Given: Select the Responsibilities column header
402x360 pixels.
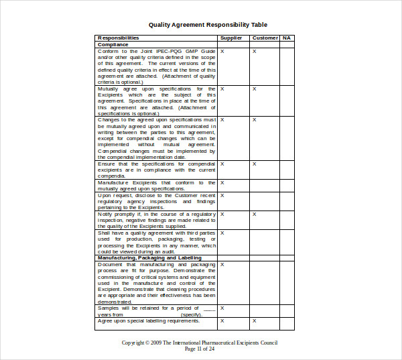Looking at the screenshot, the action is click(x=119, y=38).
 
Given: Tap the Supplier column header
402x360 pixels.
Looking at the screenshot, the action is click(x=231, y=38).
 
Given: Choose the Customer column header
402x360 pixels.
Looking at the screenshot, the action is click(x=265, y=38).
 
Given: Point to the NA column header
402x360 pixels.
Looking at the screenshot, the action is click(x=286, y=38).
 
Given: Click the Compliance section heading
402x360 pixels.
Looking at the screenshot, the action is click(x=113, y=44).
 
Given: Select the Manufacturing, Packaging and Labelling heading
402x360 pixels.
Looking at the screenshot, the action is click(x=149, y=257).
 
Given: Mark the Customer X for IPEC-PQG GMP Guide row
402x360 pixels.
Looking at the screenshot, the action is click(x=254, y=51).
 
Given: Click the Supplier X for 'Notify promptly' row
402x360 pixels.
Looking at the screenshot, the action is click(x=222, y=215).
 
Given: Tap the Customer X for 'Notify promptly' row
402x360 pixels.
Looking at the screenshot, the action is click(x=254, y=215).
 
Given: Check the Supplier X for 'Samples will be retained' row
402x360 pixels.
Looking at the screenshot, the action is click(x=222, y=308).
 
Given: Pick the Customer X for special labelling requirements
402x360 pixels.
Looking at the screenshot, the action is click(x=254, y=320).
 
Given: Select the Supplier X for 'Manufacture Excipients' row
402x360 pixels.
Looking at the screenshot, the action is click(x=222, y=182).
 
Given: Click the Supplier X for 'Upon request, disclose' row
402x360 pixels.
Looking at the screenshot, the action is click(x=222, y=195).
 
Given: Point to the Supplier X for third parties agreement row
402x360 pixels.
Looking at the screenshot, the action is click(x=222, y=233).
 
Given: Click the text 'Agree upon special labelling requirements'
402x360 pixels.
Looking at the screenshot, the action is click(x=149, y=320).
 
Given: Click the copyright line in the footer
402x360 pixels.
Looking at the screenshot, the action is click(x=199, y=343).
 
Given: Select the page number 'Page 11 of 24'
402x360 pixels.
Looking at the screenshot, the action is click(x=199, y=349).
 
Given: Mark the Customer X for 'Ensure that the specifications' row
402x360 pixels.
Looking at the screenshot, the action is click(x=254, y=164).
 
